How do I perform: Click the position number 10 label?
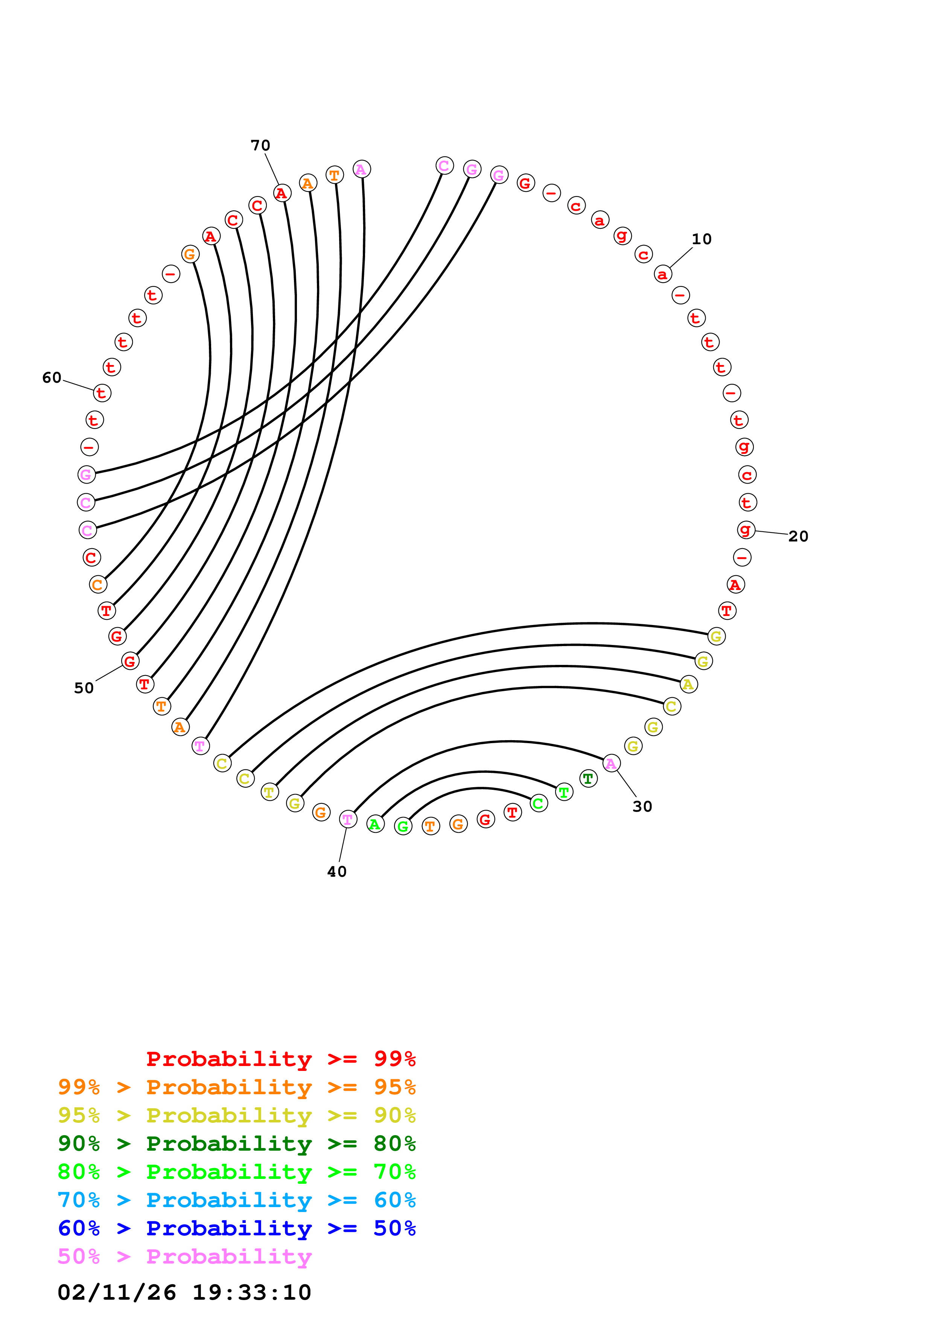701,239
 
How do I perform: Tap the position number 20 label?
798,537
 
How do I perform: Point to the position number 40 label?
337,871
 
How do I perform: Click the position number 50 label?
84,688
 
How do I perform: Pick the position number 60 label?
52,378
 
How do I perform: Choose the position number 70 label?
260,146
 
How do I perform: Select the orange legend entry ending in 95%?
237,1087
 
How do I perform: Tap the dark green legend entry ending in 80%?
237,1144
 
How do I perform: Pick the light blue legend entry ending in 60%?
237,1200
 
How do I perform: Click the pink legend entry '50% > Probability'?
184,1256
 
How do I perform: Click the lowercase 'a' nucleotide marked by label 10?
663,274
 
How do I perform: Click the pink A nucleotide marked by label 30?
611,763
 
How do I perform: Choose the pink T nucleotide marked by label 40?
348,819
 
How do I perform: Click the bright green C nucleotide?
539,803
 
